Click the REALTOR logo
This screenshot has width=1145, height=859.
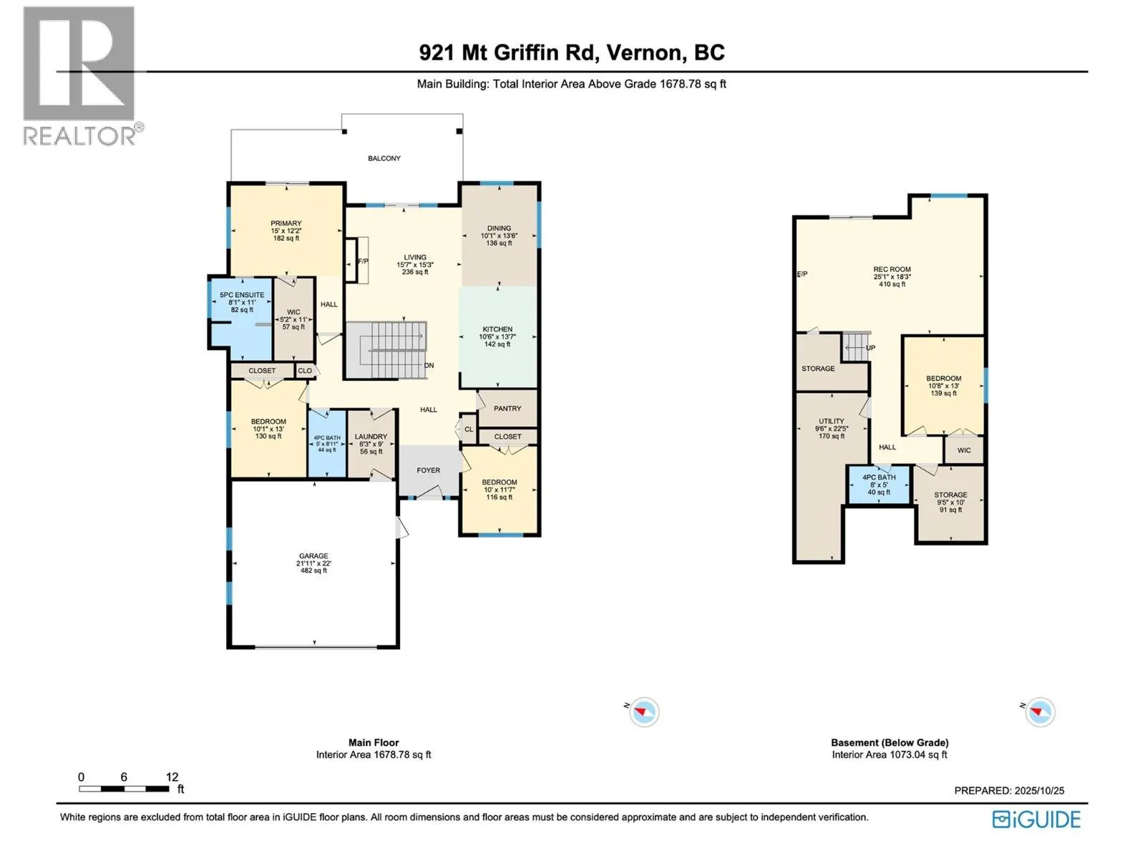click(79, 75)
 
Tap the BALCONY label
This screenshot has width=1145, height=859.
click(384, 158)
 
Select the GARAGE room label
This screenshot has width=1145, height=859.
click(313, 555)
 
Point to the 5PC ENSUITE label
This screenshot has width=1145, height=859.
click(242, 295)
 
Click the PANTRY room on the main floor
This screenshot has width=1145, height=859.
click(507, 408)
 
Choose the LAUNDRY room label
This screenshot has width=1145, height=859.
click(371, 437)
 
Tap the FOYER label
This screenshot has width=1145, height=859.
click(429, 470)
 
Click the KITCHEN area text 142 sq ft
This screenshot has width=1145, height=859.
click(497, 344)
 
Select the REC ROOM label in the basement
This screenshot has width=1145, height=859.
click(892, 269)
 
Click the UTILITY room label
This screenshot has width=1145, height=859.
click(832, 421)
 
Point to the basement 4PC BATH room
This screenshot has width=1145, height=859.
click(879, 484)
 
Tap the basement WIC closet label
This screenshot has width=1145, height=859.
click(964, 450)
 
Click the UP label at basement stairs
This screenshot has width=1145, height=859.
click(871, 348)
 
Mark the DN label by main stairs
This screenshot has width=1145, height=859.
click(429, 366)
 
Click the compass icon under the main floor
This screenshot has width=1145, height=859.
click(644, 712)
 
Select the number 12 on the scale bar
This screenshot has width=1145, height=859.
click(172, 777)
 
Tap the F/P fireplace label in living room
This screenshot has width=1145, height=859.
click(363, 261)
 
